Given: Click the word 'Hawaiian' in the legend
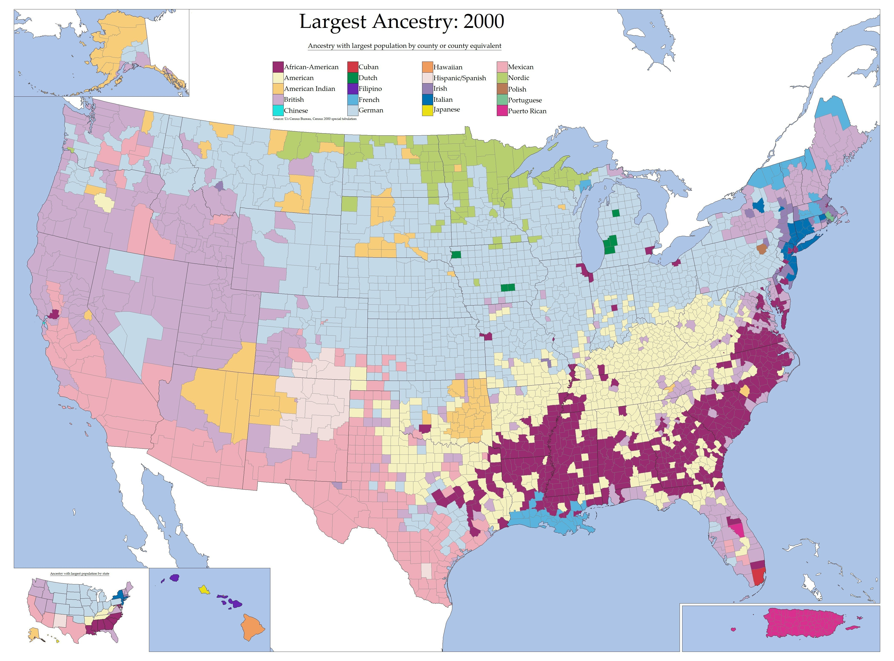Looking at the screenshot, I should point(448,67).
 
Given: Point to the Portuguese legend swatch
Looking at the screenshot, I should point(502,100).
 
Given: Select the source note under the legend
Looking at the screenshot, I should point(314,119).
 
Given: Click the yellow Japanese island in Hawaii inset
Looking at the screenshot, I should point(204,589).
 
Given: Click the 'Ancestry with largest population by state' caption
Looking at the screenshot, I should point(80,574).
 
